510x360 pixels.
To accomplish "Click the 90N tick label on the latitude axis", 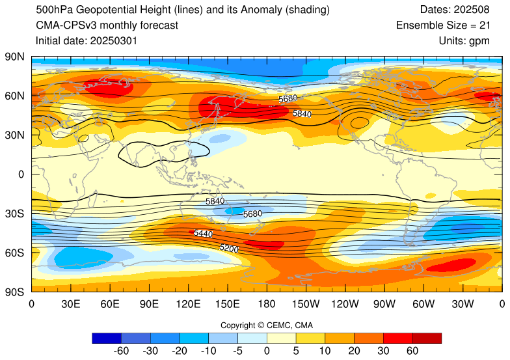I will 14,57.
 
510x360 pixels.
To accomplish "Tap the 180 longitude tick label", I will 267,303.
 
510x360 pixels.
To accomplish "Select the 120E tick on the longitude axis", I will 189,303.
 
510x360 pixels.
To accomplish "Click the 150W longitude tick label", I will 306,303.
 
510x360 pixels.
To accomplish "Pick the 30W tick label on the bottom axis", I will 463,303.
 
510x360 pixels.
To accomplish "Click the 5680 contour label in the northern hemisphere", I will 288,99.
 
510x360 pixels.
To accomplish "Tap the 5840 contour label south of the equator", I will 215,202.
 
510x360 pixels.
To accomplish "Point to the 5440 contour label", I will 203,234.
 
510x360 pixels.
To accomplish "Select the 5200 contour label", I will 229,248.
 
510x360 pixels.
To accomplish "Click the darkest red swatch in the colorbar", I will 427,338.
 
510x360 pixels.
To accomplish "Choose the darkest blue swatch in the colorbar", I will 107,338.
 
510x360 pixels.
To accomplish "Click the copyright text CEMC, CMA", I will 291,325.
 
